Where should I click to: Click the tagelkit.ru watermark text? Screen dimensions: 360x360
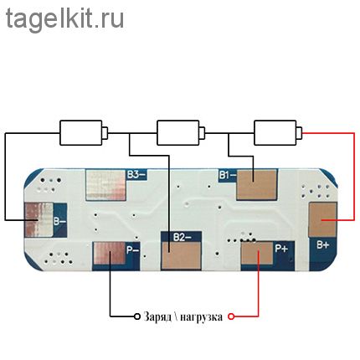click(64, 19)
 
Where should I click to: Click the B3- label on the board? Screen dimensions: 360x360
click(136, 175)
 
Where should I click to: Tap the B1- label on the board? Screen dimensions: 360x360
click(227, 175)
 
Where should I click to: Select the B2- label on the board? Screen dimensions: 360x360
click(182, 238)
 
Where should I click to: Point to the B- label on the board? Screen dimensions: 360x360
click(59, 222)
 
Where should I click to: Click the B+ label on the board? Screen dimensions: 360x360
click(322, 245)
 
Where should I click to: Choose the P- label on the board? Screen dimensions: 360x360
click(133, 250)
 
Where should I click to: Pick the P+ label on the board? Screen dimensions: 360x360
click(281, 249)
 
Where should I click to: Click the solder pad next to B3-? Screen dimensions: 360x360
click(105, 185)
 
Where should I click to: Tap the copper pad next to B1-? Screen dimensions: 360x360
click(257, 185)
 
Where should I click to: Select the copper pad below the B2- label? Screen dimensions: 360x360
click(181, 256)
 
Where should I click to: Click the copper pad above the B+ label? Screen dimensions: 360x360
click(323, 220)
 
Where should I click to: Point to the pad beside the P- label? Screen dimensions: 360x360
click(110, 253)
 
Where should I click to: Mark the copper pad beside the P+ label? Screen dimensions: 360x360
click(257, 253)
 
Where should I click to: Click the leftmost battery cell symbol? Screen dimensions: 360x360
click(84, 133)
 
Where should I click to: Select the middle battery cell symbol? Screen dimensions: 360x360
click(181, 133)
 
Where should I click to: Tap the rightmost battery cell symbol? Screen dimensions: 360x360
click(278, 133)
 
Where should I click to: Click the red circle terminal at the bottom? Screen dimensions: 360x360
click(231, 316)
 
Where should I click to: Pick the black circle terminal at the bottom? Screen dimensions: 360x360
click(137, 316)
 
